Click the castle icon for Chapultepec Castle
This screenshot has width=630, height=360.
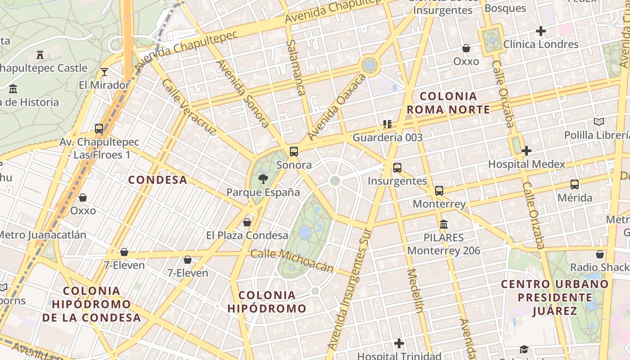pos(40,55)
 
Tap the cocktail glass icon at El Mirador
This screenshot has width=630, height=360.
pos(104,72)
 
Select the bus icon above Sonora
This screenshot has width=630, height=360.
pos(294,152)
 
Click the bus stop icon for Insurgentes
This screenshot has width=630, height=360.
pos(397,168)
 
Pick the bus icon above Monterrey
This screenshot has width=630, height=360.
pos(439,190)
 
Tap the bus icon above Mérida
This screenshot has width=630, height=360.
pos(575,184)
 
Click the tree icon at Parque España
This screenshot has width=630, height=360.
pos(262,179)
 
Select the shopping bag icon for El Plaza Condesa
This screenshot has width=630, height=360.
pos(247,222)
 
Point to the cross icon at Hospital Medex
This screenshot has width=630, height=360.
pos(526,151)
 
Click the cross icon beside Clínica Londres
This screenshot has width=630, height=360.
pos(541,31)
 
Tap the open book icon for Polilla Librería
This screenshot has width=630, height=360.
pos(598,121)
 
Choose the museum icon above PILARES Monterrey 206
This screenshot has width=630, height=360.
pos(444,224)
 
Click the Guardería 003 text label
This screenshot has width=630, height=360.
pos(387,137)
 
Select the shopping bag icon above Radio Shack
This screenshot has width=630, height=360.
pos(599,254)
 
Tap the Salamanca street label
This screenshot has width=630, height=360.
pos(295,67)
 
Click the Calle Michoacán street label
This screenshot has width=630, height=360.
pos(292,261)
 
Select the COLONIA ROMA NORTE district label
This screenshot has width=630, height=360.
pos(448,103)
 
